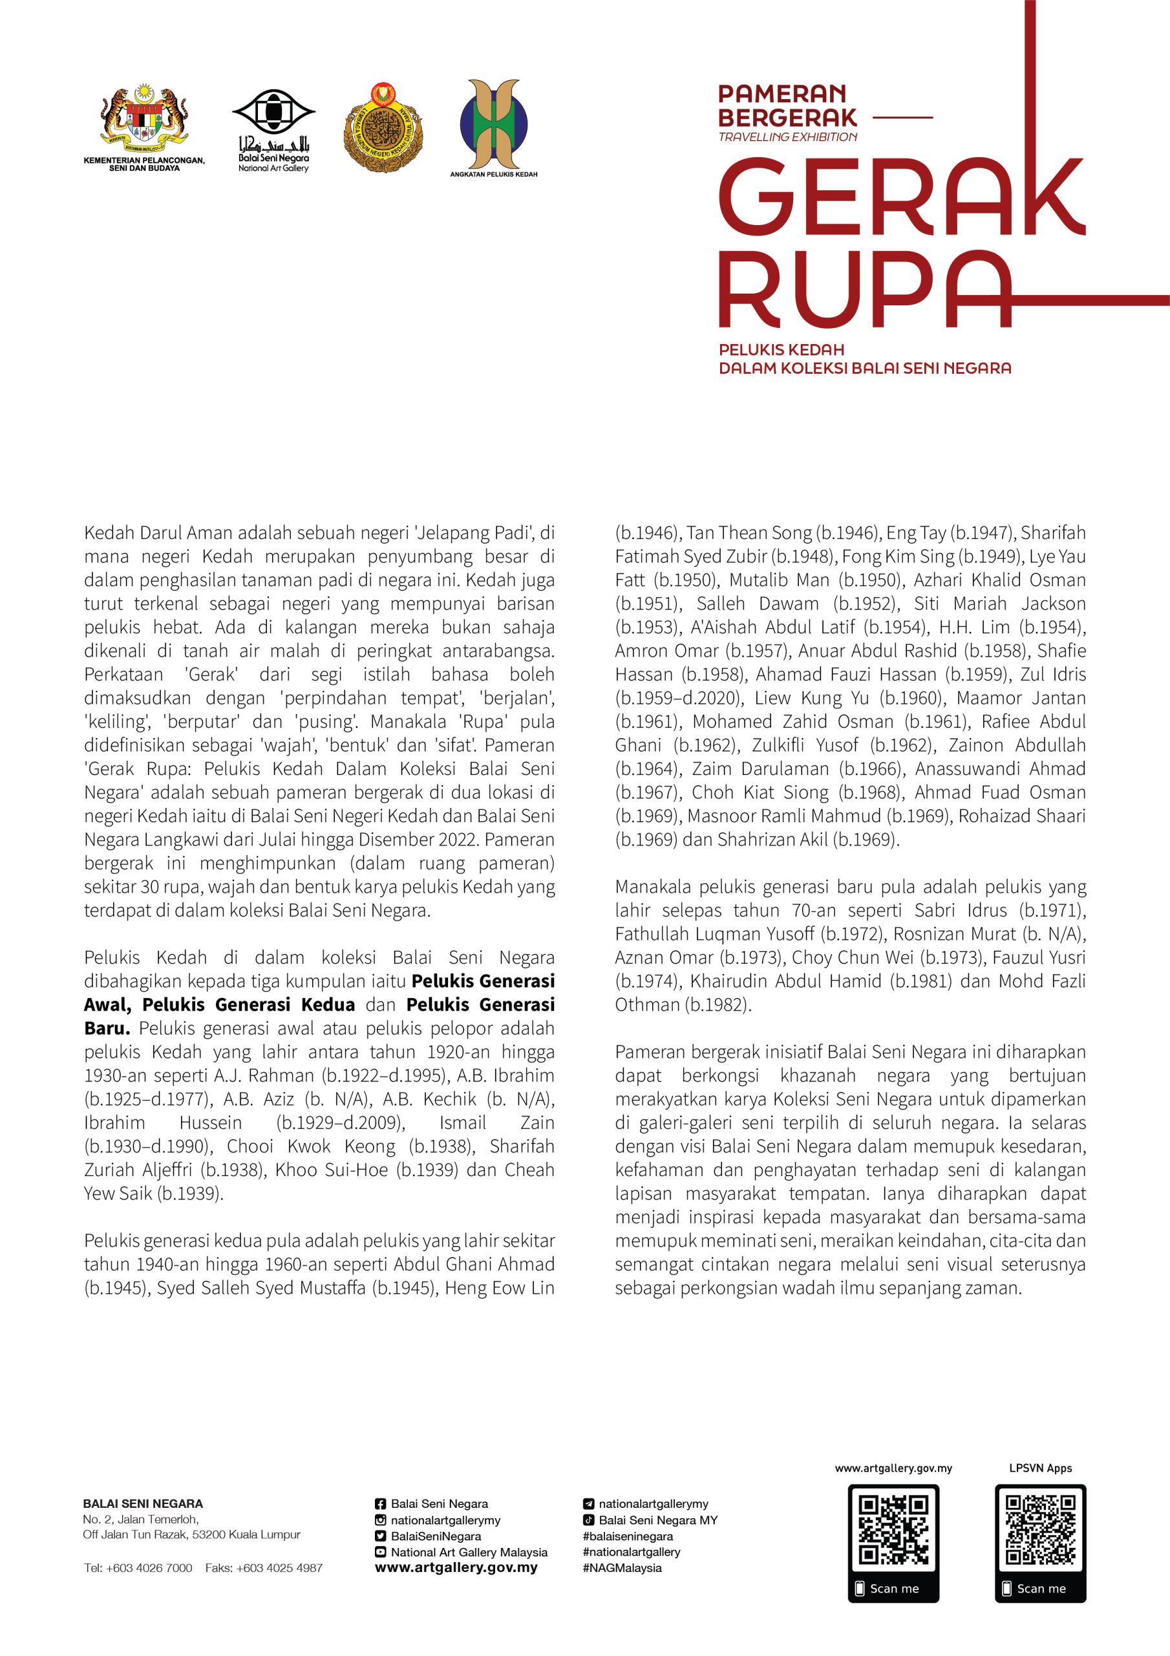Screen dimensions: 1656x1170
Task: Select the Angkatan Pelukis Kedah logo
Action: (494, 124)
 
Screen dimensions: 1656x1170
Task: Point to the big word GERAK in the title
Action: (901, 197)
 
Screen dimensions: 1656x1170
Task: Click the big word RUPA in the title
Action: (865, 289)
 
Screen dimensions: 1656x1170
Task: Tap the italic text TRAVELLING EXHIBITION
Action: (787, 137)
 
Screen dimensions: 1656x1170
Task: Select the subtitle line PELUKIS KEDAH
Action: (782, 350)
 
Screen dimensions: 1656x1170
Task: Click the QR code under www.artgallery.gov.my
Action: (893, 1531)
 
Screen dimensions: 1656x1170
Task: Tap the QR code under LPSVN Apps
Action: (1040, 1531)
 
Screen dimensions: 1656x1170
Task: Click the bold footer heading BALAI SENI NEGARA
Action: (143, 1504)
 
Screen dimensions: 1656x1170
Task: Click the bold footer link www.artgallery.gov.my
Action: (456, 1567)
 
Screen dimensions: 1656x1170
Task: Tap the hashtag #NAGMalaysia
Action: (621, 1568)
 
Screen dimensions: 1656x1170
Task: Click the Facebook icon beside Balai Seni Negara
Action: (380, 1504)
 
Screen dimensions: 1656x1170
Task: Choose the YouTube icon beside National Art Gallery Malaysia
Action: (380, 1552)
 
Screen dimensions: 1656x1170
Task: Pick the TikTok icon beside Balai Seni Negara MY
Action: (588, 1520)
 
